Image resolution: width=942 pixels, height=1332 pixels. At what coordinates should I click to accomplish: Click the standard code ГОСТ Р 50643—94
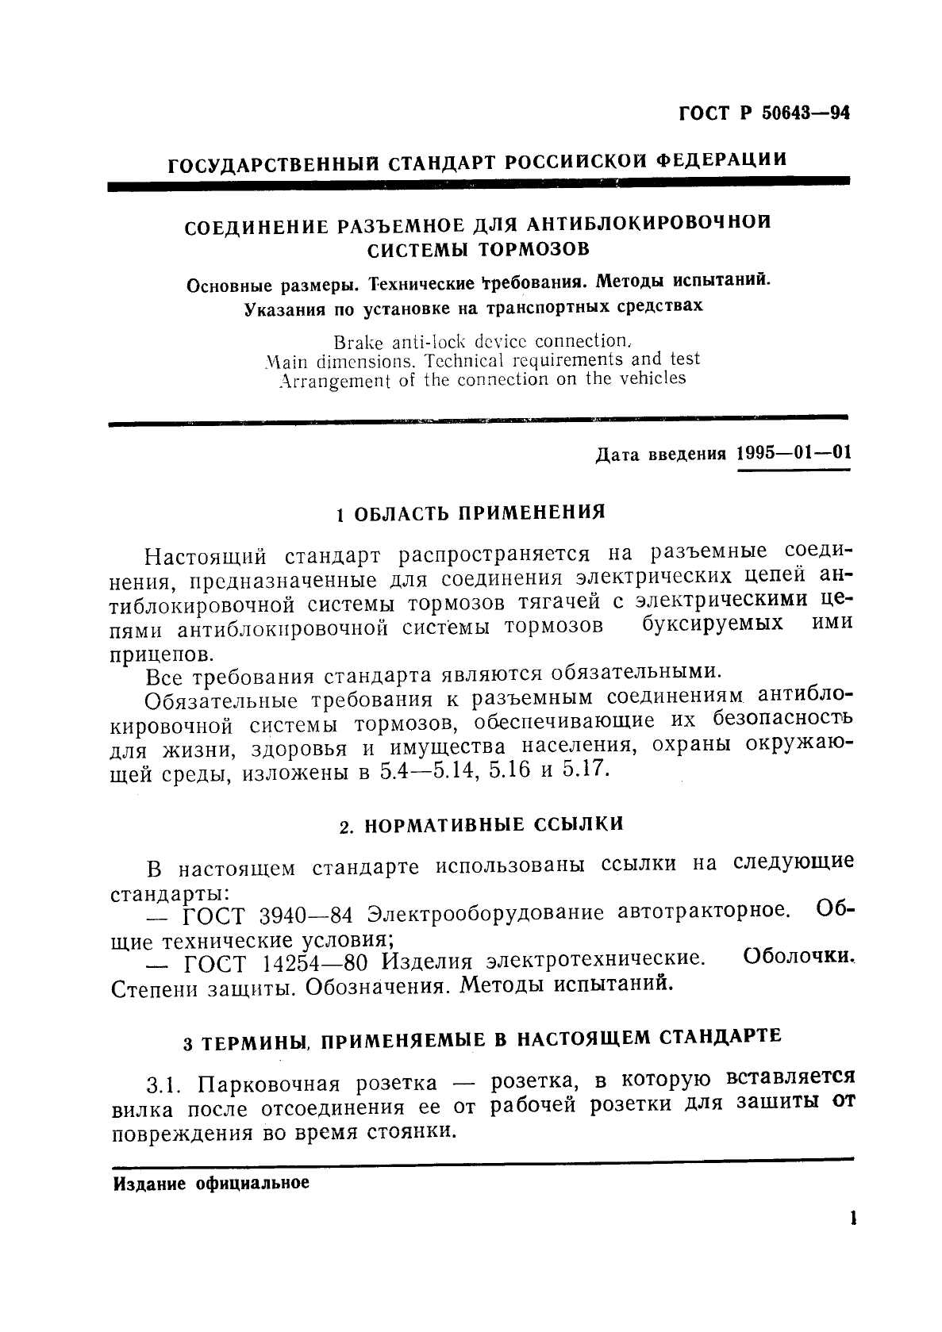(x=763, y=113)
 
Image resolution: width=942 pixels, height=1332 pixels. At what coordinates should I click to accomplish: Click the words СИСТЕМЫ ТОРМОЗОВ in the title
(x=478, y=249)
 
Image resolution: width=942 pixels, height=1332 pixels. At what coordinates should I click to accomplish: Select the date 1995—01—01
(x=793, y=454)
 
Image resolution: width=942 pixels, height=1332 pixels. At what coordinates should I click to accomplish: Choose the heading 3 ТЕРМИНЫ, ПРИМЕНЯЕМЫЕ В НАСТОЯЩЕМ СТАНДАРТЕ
(x=482, y=1038)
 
